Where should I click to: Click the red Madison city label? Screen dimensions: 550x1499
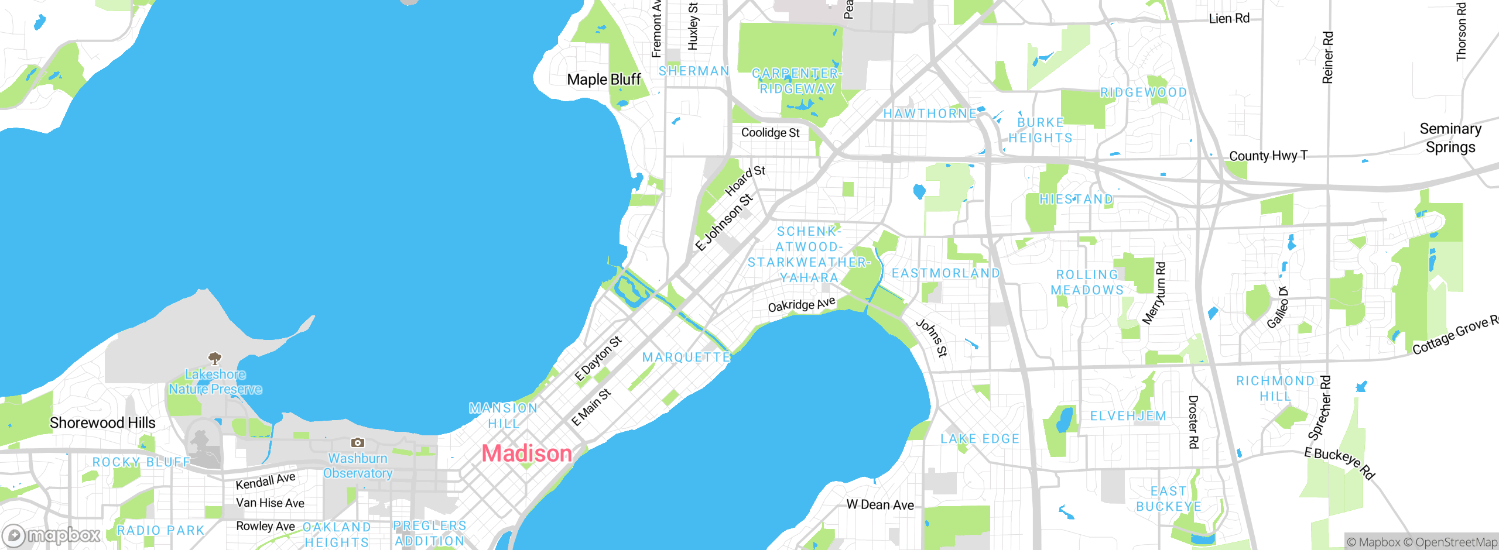point(526,453)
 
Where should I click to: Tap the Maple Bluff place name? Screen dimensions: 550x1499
point(604,79)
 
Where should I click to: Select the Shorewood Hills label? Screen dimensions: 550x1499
point(102,422)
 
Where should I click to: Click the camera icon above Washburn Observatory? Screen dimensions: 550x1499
point(357,443)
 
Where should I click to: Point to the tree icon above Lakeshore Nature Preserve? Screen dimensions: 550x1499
point(215,357)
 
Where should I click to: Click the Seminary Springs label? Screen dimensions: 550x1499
point(1450,137)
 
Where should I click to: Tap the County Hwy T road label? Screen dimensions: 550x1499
point(1268,156)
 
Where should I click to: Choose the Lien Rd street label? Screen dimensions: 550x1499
point(1229,19)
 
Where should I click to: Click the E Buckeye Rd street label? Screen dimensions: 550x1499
point(1339,462)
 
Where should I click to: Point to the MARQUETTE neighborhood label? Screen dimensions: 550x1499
point(686,357)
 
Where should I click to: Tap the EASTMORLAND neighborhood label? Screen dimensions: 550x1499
point(946,273)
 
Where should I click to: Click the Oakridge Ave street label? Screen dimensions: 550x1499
point(801,305)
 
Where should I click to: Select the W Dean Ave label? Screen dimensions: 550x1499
point(879,504)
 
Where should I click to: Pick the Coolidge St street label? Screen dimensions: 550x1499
point(770,133)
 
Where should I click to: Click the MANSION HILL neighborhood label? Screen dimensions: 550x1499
point(503,415)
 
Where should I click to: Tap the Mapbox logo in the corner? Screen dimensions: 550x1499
point(52,535)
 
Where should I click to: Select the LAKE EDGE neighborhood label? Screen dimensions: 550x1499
point(980,439)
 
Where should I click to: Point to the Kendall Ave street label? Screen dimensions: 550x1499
point(265,482)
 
